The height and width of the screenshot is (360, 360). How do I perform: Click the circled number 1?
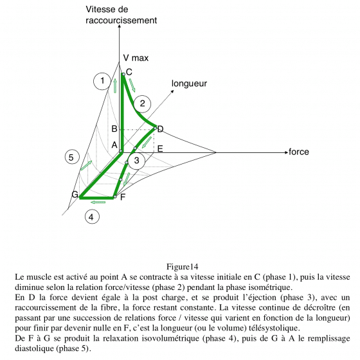[x=102, y=81]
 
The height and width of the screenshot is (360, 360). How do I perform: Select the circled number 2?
[x=142, y=104]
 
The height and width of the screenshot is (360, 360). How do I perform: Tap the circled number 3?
[x=136, y=161]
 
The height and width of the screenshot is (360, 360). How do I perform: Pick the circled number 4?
[x=92, y=217]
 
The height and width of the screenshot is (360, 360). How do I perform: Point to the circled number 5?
[x=72, y=157]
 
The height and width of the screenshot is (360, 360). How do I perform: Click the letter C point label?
[x=129, y=72]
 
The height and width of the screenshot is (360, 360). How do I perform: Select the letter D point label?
[x=160, y=129]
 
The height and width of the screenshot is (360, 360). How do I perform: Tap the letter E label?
[x=160, y=148]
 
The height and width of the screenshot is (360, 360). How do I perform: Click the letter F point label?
[x=123, y=197]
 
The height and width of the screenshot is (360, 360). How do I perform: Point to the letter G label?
[x=75, y=194]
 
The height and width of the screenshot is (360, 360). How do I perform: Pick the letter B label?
[x=114, y=129]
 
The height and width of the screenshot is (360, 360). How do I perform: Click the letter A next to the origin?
[x=114, y=145]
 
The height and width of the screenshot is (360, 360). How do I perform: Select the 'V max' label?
[x=136, y=58]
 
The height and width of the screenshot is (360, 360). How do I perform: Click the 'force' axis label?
[x=299, y=152]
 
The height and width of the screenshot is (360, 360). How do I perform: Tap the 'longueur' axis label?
[x=189, y=84]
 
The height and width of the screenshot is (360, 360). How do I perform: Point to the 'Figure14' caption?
[x=182, y=267]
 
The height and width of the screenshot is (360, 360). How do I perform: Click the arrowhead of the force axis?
[x=286, y=152]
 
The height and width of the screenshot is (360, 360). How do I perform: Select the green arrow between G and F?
[x=98, y=202]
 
